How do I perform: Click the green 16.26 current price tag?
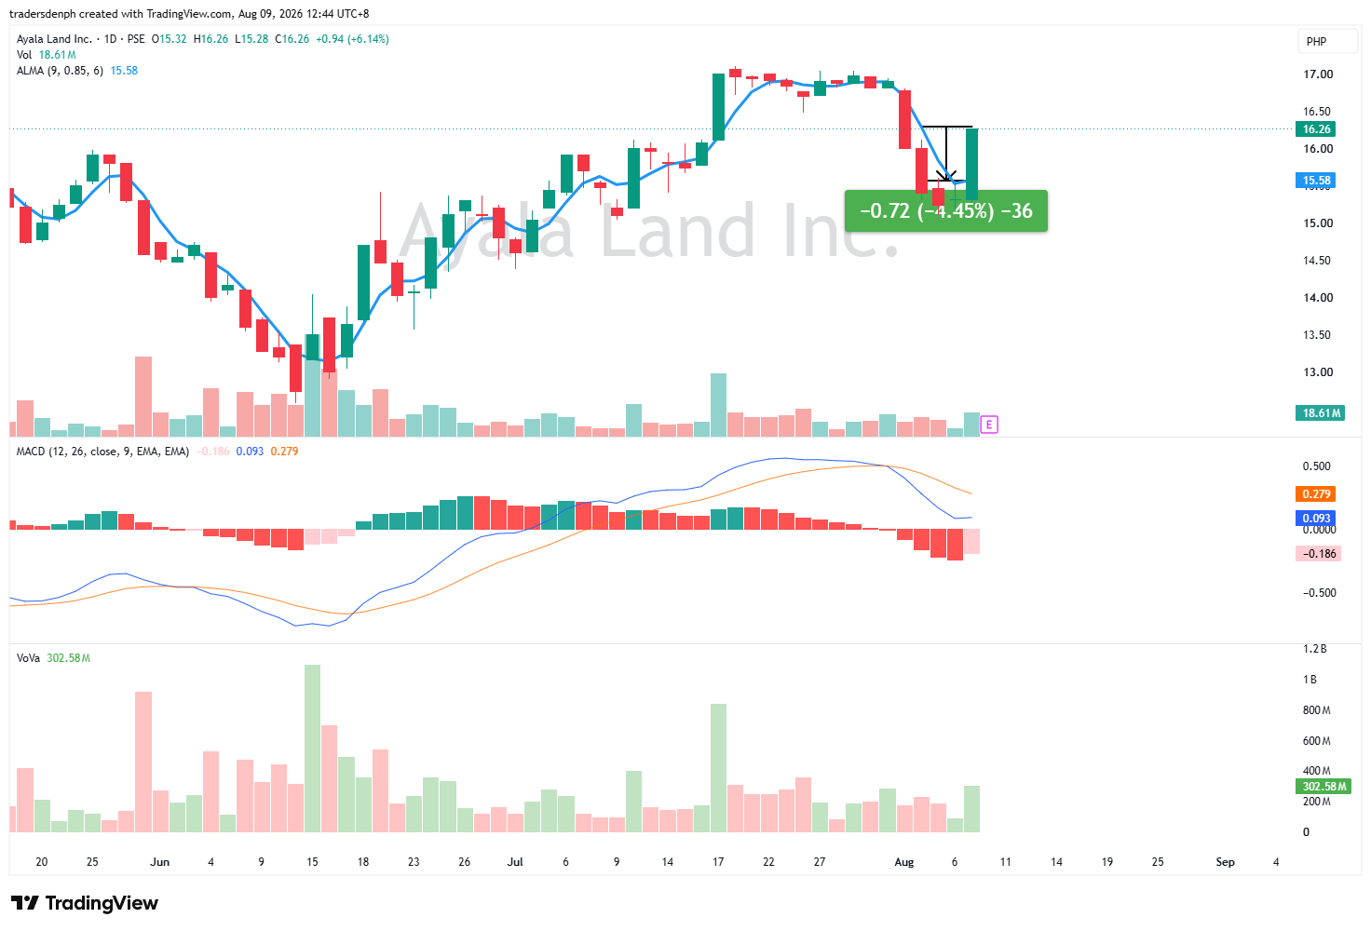[x=1315, y=129]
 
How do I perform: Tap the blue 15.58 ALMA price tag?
[x=1315, y=181]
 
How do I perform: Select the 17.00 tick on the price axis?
[x=1318, y=74]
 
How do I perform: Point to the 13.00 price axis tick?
[x=1318, y=371]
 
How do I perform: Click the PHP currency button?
[x=1317, y=42]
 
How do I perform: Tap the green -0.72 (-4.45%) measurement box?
[x=945, y=211]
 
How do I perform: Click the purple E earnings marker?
[x=989, y=425]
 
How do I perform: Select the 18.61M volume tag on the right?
[x=1320, y=412]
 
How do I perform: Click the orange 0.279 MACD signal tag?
[x=1315, y=493]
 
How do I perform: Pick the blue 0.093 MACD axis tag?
[x=1315, y=519]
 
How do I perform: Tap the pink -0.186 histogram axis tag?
[x=1318, y=554]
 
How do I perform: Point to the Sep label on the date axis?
[x=1225, y=862]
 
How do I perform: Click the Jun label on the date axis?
[x=160, y=862]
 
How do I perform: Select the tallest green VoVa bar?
[x=312, y=749]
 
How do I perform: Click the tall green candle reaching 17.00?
[x=718, y=107]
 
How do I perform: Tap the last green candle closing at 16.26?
[x=972, y=164]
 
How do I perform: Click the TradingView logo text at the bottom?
[x=85, y=903]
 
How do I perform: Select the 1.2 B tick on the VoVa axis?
[x=1315, y=649]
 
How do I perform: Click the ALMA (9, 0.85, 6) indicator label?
[x=60, y=71]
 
